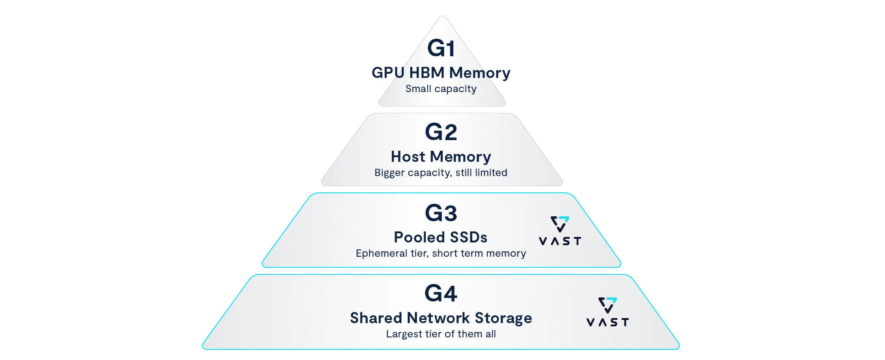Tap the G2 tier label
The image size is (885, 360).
tap(441, 132)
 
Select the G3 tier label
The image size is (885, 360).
tap(441, 213)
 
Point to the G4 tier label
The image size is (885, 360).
tap(441, 294)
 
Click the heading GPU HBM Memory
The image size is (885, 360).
tap(441, 73)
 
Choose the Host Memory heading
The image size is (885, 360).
tap(441, 157)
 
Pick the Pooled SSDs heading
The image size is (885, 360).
tap(441, 237)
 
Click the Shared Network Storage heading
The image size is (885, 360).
tap(441, 318)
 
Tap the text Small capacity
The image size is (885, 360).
tap(441, 89)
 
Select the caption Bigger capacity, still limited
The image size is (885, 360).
tap(441, 173)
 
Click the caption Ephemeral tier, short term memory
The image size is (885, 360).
tap(441, 254)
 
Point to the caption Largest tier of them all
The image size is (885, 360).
tap(441, 334)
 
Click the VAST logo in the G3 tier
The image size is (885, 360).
tap(560, 230)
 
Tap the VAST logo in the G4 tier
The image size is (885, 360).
tap(608, 312)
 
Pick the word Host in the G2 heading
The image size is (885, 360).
tap(408, 157)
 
